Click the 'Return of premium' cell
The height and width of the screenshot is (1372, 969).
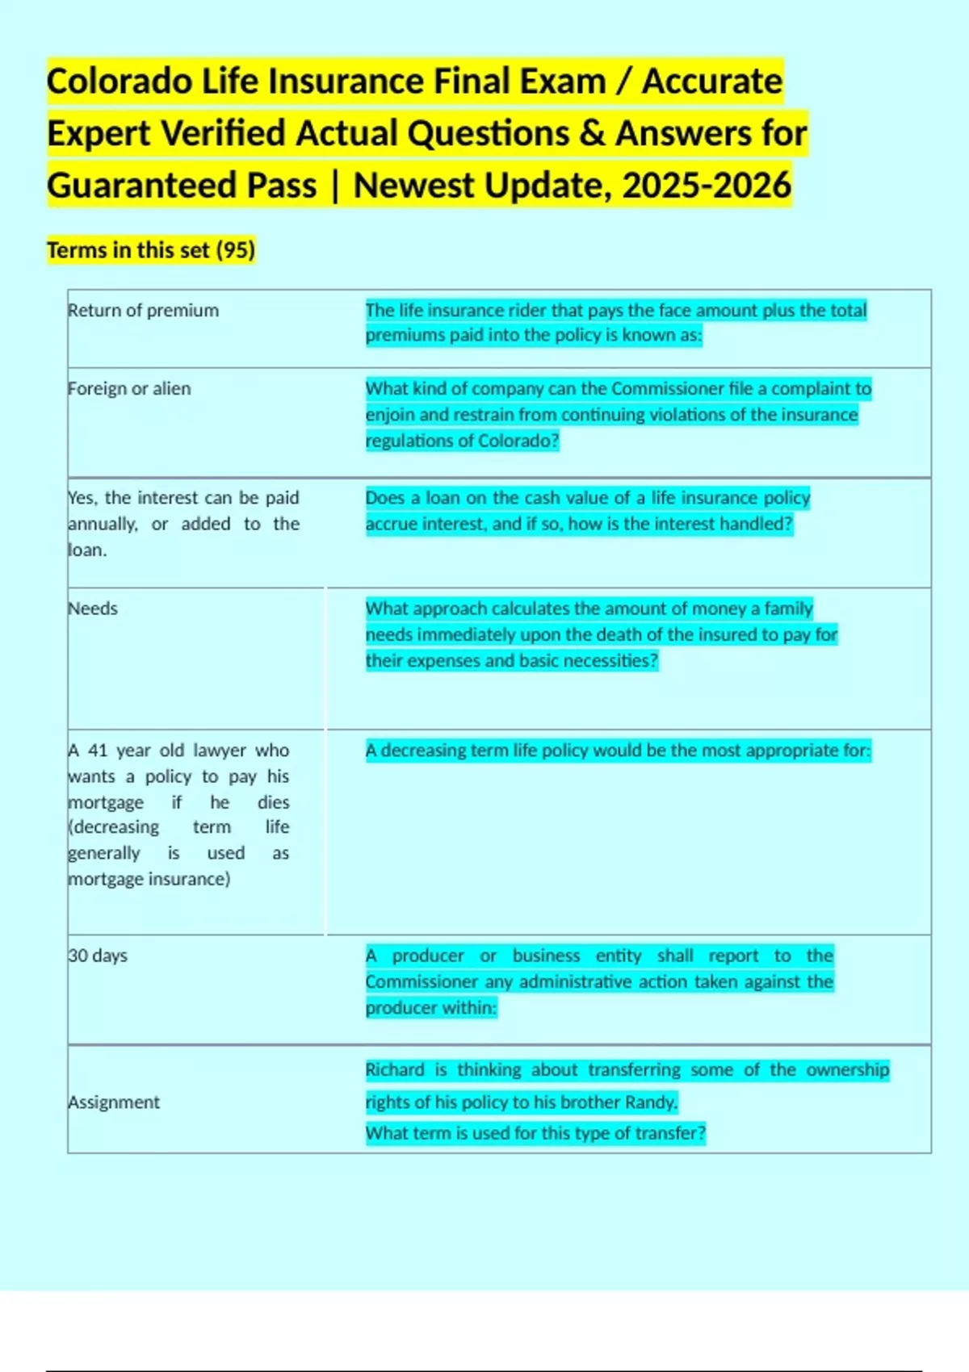click(144, 311)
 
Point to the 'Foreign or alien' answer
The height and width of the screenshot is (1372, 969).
click(130, 389)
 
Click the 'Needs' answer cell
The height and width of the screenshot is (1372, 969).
click(93, 609)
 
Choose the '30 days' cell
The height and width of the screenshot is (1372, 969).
click(98, 956)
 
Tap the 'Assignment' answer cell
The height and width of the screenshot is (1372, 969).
click(114, 1102)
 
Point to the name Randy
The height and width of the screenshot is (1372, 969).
click(655, 1102)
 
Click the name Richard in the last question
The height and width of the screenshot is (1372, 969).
click(395, 1070)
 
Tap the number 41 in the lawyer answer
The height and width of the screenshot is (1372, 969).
click(98, 751)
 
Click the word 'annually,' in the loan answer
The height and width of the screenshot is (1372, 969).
click(103, 524)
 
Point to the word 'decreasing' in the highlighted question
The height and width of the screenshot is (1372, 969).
click(421, 751)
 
